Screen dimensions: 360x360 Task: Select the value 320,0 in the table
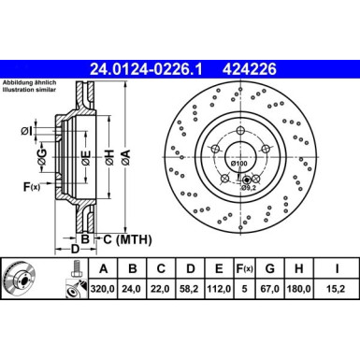[x=101, y=291]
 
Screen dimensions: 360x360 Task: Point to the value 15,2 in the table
[x=334, y=291]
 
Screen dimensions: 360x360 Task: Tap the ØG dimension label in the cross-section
[x=41, y=153]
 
